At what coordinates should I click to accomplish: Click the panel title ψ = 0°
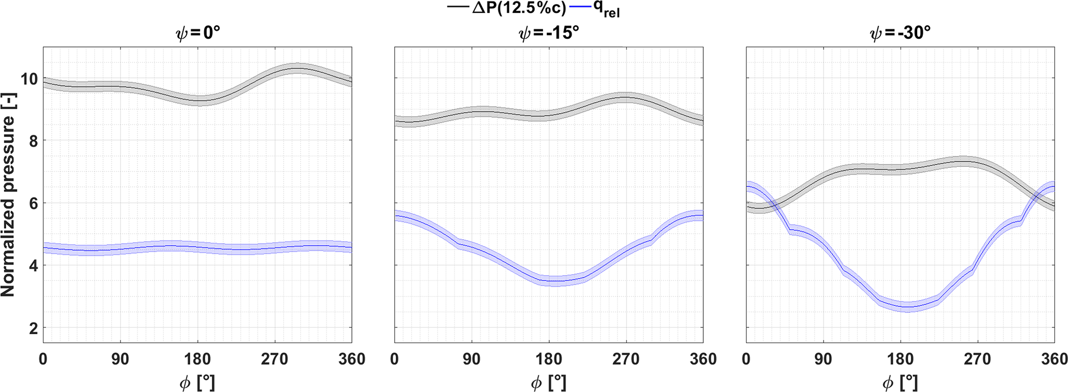tap(197, 34)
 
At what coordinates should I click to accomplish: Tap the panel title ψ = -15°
tap(549, 34)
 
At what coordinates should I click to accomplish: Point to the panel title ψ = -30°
tap(900, 34)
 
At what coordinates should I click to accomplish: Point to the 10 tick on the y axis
tap(28, 79)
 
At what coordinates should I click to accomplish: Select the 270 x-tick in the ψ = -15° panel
tap(626, 359)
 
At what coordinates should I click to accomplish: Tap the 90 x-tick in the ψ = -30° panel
tap(823, 359)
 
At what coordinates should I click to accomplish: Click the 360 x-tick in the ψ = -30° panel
tap(1054, 359)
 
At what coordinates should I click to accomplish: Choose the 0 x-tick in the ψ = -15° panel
tap(395, 359)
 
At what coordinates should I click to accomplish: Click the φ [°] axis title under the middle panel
tap(549, 383)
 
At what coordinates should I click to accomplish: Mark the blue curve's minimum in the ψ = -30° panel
tap(907, 307)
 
